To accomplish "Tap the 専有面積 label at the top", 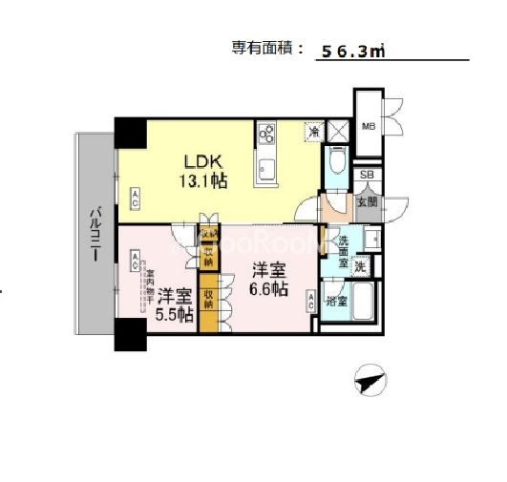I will tap(266, 49).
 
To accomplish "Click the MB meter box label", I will tap(369, 124).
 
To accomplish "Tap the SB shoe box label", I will tap(366, 176).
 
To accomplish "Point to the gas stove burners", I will tap(266, 134).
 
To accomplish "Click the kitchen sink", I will tap(265, 173).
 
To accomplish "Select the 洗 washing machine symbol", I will tap(361, 267).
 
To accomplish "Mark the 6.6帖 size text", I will tap(268, 288).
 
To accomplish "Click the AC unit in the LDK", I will tap(137, 199).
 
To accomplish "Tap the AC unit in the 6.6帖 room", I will tap(311, 301).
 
